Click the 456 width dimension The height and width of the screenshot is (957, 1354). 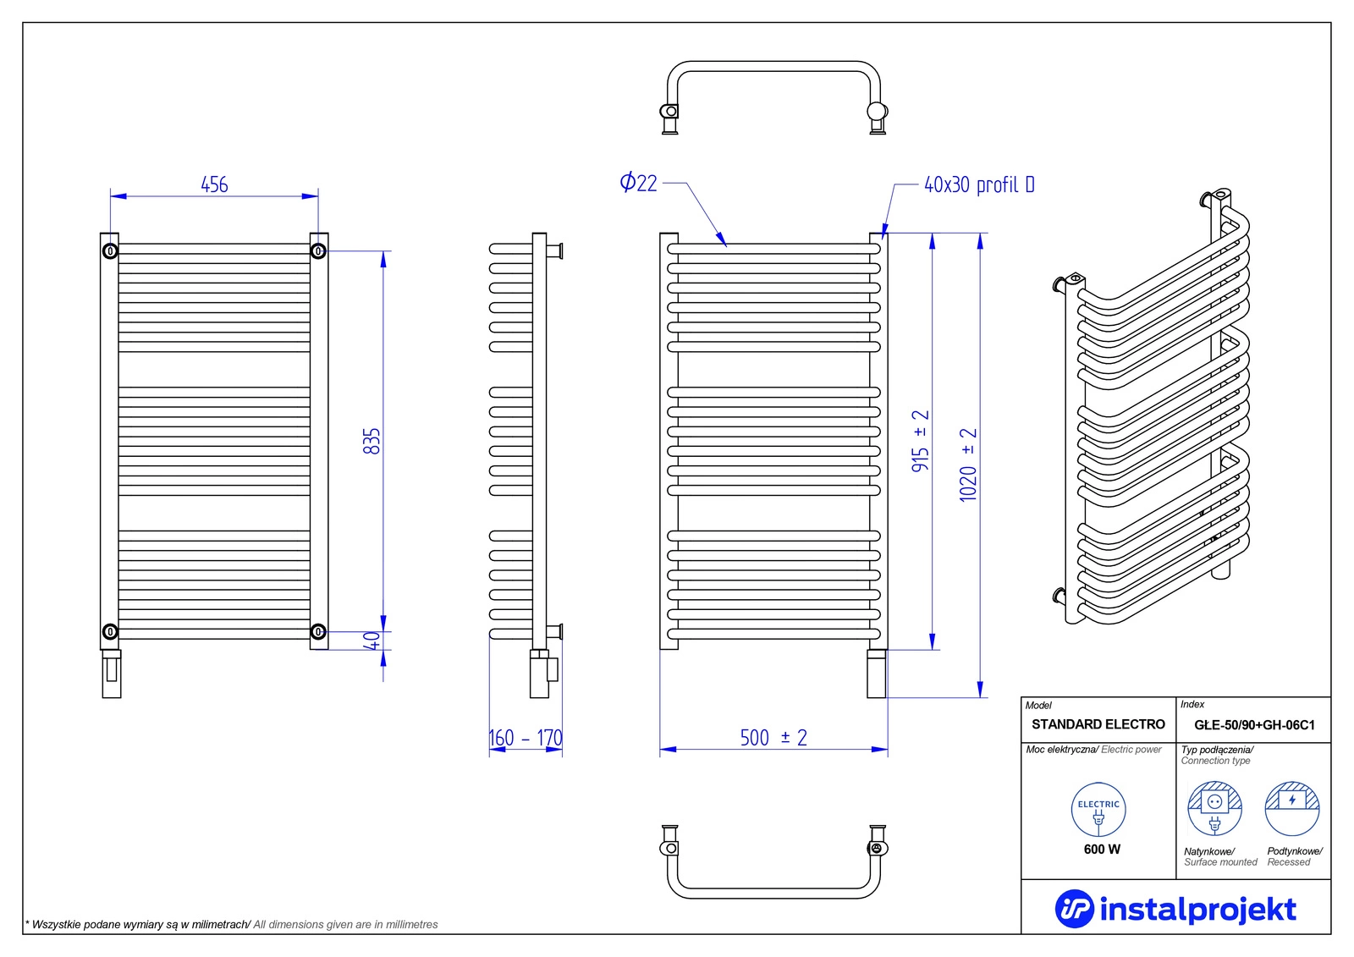click(x=214, y=184)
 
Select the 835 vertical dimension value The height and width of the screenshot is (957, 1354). click(x=372, y=441)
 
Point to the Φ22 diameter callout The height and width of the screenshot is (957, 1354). click(x=638, y=183)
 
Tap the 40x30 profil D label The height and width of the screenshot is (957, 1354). click(x=978, y=184)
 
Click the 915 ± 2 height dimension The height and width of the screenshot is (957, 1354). click(x=921, y=441)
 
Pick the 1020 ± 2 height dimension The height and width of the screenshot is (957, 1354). click(x=968, y=465)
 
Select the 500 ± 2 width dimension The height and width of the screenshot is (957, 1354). click(x=773, y=738)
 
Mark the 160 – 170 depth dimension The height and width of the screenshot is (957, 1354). click(x=526, y=738)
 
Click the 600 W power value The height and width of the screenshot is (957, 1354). click(x=1102, y=849)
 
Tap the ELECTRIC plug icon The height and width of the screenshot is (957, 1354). click(x=1098, y=810)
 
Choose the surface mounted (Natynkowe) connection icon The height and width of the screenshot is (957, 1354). click(x=1214, y=808)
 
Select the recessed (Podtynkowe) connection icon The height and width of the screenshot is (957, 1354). click(x=1292, y=808)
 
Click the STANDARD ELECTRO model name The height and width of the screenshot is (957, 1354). click(x=1098, y=724)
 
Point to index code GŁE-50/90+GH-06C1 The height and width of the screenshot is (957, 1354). click(x=1254, y=725)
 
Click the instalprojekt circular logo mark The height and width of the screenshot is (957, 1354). click(x=1074, y=909)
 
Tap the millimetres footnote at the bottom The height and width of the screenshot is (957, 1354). click(x=232, y=925)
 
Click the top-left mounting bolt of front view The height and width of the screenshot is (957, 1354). click(x=110, y=251)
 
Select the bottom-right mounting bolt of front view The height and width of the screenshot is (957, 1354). click(x=318, y=631)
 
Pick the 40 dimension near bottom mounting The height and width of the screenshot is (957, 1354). click(x=372, y=641)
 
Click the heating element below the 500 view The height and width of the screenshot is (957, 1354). click(x=877, y=674)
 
